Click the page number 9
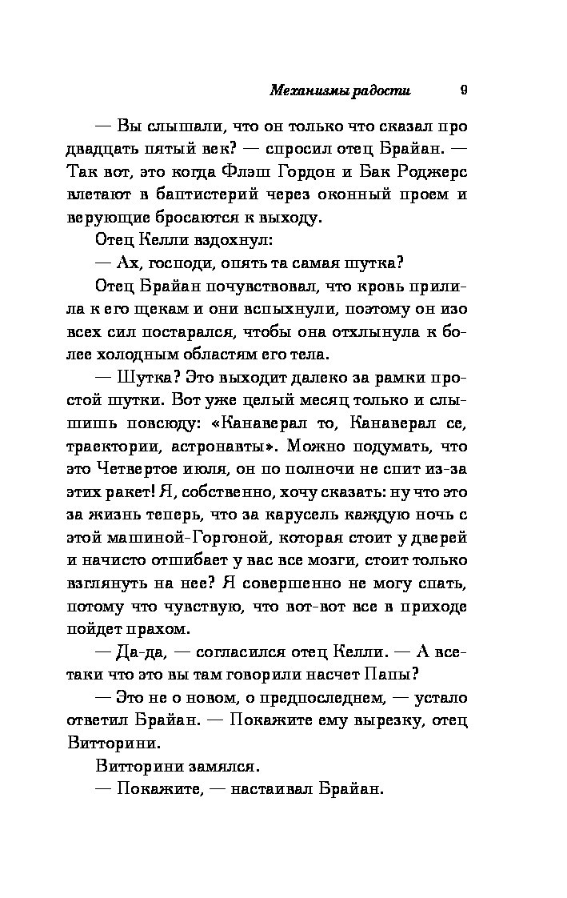coord(464,90)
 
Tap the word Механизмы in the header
coord(307,91)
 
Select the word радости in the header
coord(381,91)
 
